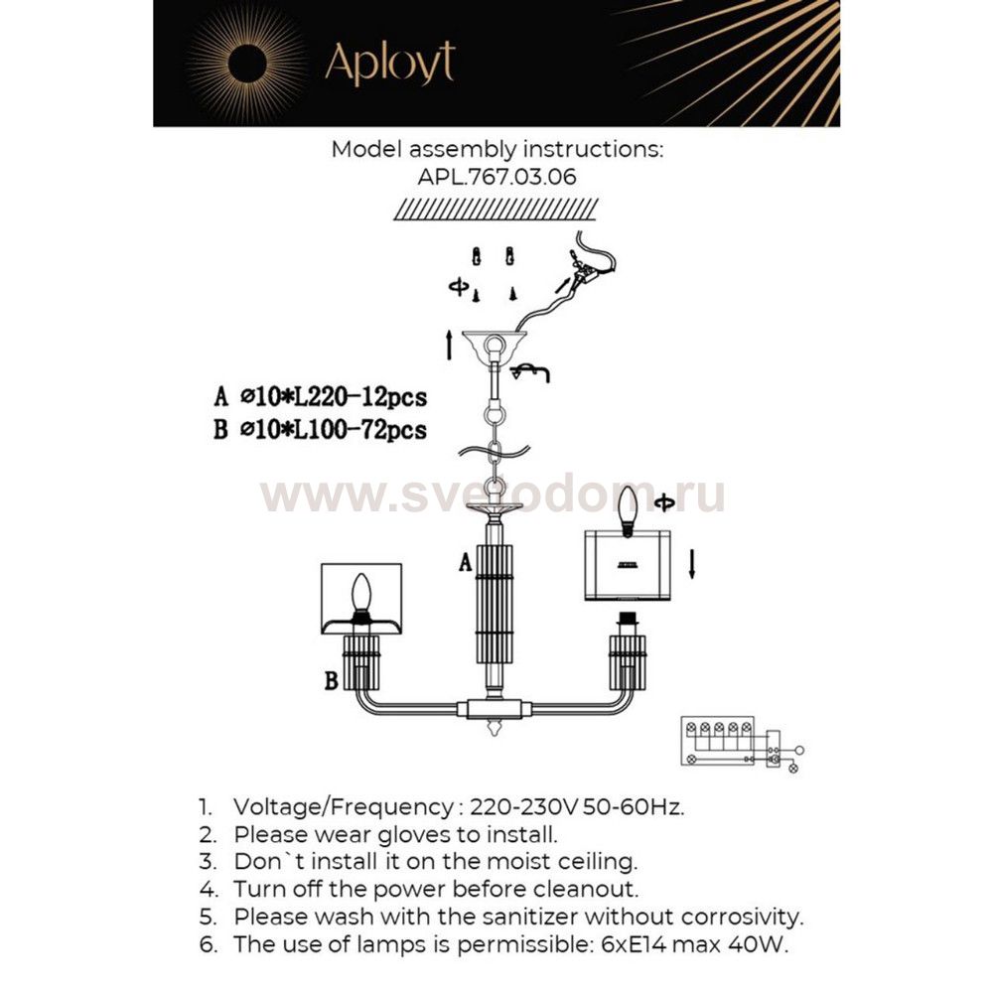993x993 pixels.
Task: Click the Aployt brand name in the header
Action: tap(389, 63)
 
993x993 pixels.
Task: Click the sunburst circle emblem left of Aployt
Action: tap(246, 64)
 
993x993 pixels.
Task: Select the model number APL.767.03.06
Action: tap(496, 176)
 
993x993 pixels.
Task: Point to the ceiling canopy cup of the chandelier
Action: tap(493, 344)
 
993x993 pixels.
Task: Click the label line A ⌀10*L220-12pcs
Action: tap(320, 398)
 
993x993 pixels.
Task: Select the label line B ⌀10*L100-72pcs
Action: tap(320, 430)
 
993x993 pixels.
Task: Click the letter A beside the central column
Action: tap(464, 564)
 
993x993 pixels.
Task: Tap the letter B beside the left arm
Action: tap(330, 681)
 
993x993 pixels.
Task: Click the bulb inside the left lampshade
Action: tap(362, 596)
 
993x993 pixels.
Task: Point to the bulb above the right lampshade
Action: tap(628, 510)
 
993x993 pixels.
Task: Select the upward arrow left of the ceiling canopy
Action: tap(450, 347)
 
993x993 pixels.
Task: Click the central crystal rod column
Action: tap(494, 606)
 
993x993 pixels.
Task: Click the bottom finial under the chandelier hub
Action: tap(494, 731)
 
